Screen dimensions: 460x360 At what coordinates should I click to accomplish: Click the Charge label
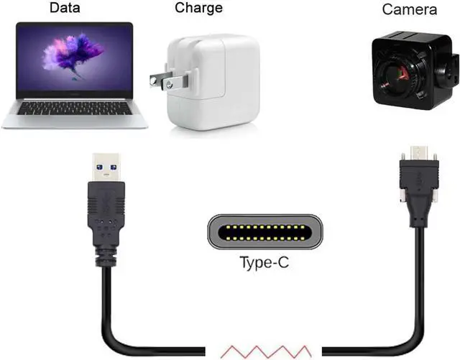tap(198, 9)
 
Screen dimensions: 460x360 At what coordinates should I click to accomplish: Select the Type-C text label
tap(264, 263)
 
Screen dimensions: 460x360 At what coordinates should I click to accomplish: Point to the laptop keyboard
tap(75, 108)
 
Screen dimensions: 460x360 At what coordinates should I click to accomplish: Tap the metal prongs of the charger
tap(160, 80)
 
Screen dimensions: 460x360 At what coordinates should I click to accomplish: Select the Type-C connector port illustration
tap(264, 231)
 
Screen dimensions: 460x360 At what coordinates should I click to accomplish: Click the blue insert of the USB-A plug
tap(106, 172)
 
